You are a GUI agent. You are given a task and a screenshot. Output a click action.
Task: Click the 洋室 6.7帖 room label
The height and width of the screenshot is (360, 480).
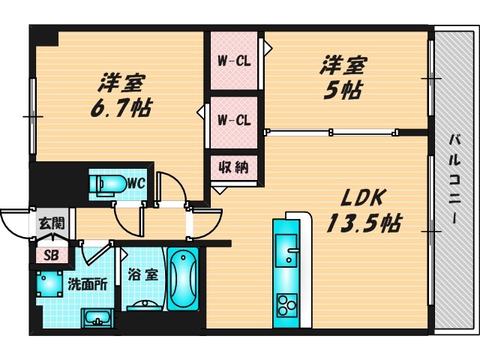click(x=120, y=95)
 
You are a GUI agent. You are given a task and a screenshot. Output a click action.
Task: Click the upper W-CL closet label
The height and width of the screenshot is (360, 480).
click(x=233, y=61)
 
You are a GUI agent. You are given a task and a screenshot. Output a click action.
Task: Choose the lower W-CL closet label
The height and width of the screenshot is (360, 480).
click(x=233, y=119)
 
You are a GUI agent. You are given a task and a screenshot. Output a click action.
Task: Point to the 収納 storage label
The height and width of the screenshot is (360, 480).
click(x=233, y=166)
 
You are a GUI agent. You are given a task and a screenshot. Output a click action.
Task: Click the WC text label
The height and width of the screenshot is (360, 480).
click(x=135, y=182)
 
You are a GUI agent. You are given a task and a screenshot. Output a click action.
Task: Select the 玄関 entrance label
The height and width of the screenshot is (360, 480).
click(x=52, y=223)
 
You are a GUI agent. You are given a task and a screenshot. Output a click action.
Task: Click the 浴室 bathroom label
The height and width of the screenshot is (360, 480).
click(x=142, y=274)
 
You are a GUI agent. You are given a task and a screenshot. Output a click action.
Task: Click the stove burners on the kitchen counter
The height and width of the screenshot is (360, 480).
click(x=287, y=304)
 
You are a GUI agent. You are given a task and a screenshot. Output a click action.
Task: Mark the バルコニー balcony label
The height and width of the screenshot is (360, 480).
click(x=455, y=178)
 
